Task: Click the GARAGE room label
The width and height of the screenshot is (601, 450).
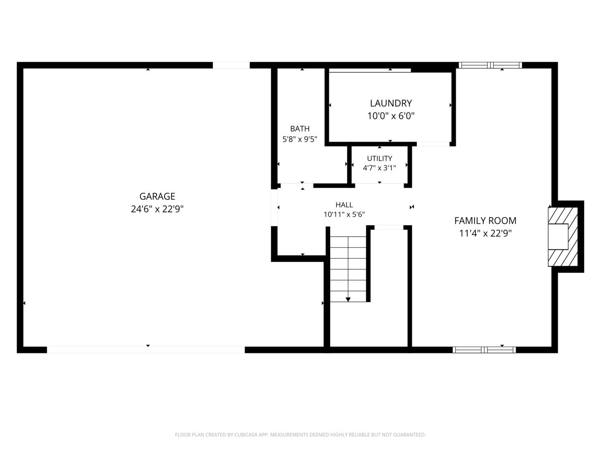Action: point(157,196)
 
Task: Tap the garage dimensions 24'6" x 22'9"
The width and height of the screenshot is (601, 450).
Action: point(157,209)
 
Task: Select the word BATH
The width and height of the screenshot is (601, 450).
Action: point(300,128)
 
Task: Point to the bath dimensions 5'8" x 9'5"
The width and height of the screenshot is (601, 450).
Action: point(300,139)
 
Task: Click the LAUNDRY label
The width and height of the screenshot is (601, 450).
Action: point(391,103)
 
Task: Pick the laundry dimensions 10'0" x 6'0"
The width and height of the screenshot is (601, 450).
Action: point(391,116)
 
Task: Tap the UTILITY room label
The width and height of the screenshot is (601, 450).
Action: point(379,158)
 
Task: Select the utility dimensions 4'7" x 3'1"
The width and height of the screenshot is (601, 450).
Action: point(379,168)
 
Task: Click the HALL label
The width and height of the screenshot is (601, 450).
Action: point(344,205)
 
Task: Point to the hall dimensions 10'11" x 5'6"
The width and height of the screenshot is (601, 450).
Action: point(344,215)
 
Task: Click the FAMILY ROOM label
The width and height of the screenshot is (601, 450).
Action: point(485,220)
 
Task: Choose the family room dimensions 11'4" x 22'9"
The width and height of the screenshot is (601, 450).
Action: point(485,233)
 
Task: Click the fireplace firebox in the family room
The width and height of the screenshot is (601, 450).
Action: point(558,237)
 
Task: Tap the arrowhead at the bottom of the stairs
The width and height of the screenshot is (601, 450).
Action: point(348,300)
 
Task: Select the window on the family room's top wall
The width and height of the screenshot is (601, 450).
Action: point(490,65)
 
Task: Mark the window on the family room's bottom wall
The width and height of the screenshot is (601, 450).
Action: point(484,350)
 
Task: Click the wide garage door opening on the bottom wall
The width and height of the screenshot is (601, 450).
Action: point(146,350)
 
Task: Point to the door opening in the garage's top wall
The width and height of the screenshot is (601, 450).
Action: point(231,65)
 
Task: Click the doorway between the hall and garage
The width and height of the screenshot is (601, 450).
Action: point(274,207)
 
